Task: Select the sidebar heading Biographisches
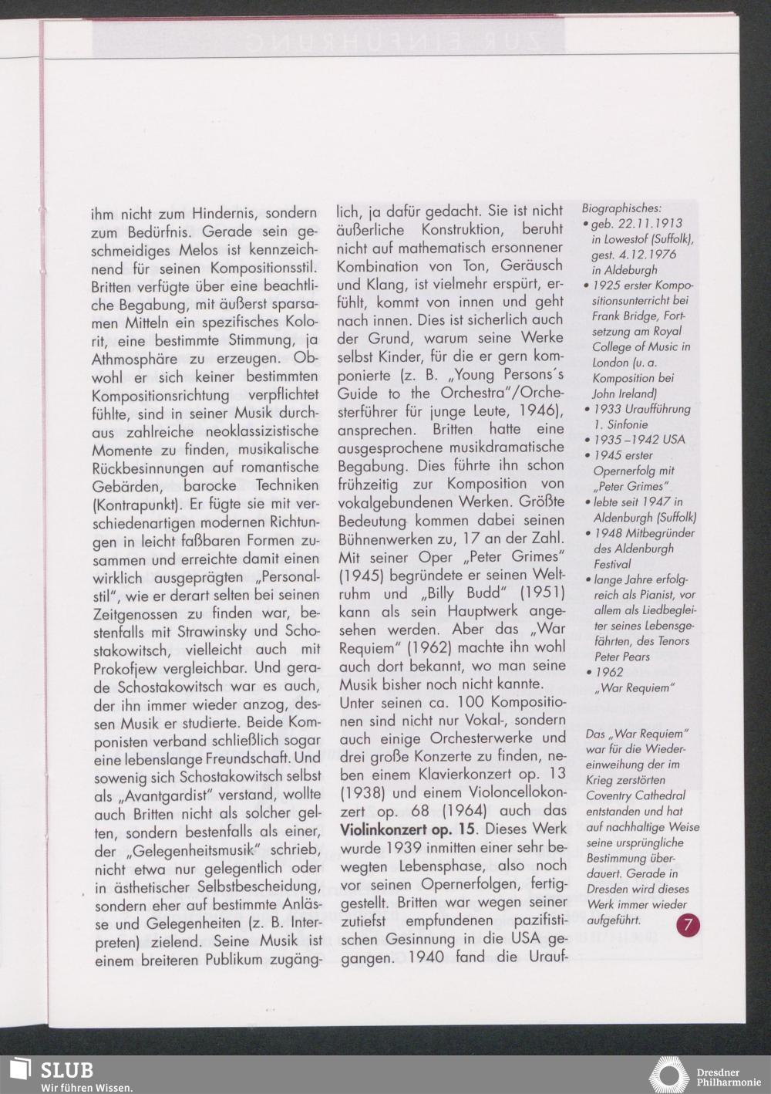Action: [x=621, y=208]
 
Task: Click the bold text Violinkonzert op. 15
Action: [x=406, y=829]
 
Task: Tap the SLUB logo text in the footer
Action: [x=67, y=1070]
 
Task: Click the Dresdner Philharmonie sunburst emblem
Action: [x=668, y=1075]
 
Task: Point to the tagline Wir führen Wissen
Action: [x=86, y=1088]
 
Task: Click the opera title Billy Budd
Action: [x=463, y=593]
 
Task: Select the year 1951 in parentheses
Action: [x=541, y=593]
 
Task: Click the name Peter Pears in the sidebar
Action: [x=621, y=657]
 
